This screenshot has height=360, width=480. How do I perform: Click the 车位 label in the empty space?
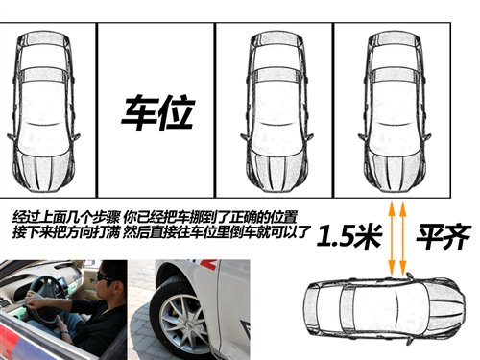156,113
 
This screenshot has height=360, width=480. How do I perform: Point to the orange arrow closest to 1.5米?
390,235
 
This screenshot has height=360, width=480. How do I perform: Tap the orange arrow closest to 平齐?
403,235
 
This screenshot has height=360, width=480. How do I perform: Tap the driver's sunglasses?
103,277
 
